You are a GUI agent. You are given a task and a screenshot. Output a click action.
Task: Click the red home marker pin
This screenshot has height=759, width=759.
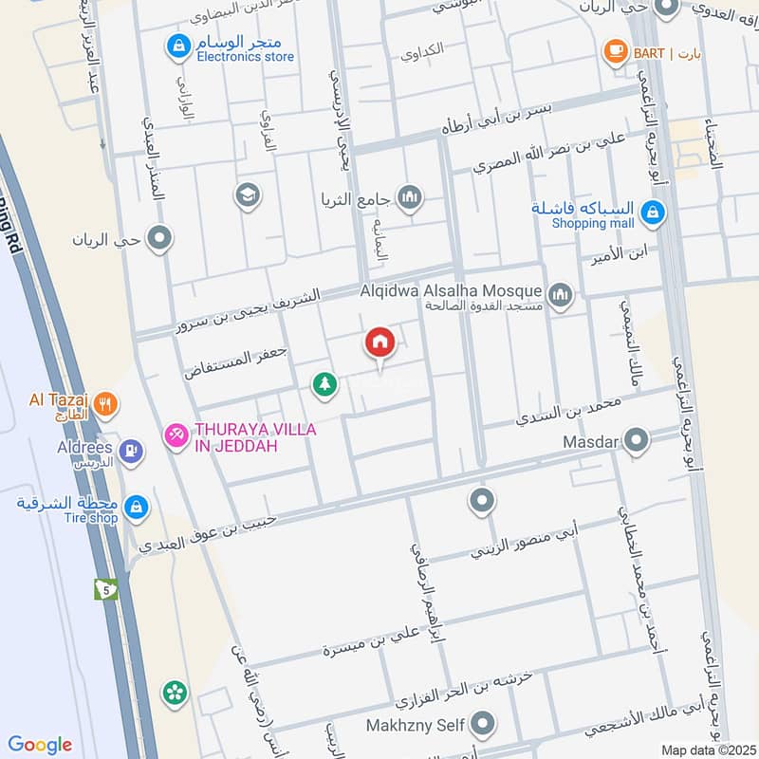[379, 342]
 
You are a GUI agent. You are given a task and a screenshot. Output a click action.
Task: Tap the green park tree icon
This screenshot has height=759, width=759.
[324, 384]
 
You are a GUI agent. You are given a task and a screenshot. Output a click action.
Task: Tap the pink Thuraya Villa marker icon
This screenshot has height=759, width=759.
[176, 435]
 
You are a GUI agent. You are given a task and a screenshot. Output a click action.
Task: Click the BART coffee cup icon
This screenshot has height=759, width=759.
[616, 52]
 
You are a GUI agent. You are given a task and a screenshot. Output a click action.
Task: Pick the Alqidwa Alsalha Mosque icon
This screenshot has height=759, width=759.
[561, 295]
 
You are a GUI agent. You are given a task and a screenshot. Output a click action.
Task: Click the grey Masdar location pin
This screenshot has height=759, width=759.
[638, 440]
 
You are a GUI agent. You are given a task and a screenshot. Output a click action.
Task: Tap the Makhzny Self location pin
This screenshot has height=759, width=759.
[484, 726]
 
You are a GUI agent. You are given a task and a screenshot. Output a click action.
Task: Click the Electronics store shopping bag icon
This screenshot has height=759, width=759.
[176, 44]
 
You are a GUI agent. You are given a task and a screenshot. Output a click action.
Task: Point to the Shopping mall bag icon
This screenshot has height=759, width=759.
[652, 214]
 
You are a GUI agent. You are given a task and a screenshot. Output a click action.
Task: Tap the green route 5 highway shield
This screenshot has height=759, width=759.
[105, 589]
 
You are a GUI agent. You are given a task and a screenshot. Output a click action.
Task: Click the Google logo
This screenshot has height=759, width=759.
[40, 745]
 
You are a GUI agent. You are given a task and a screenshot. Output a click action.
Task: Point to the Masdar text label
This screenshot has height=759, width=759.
[590, 441]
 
